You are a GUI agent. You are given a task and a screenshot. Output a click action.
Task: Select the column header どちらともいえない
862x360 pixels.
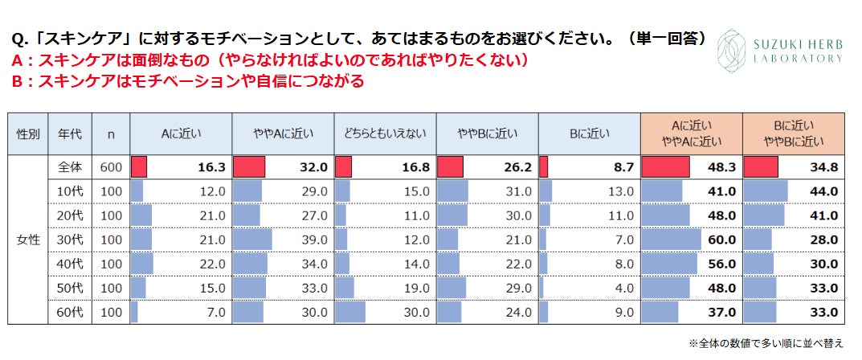click(384, 134)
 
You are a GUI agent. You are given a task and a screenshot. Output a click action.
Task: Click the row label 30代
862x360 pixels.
click(71, 239)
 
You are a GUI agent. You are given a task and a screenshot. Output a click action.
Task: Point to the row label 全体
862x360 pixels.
click(71, 167)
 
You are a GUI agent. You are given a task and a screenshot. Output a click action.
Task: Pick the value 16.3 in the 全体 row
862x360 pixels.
click(211, 167)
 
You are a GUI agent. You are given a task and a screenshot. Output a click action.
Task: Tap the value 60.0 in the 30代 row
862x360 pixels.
click(721, 239)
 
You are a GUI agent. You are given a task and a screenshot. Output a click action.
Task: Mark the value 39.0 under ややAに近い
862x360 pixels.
click(314, 239)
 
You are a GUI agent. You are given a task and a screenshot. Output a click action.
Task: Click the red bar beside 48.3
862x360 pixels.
click(665, 167)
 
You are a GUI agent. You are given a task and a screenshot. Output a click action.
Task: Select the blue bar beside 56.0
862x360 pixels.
click(669, 264)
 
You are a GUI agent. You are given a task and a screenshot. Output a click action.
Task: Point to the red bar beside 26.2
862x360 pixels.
click(450, 167)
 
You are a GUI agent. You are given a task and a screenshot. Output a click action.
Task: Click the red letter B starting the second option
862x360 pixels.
click(17, 80)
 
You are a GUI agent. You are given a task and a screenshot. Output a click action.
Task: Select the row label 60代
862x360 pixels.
click(71, 312)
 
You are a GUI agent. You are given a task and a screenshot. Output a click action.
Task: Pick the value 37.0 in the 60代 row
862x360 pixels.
click(721, 312)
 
